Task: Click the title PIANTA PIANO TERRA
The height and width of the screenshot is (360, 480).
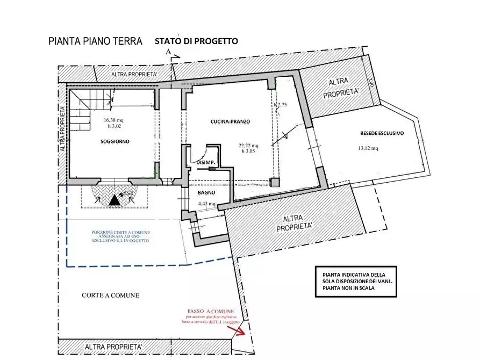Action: [95, 41]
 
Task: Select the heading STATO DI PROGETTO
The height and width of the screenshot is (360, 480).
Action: [196, 41]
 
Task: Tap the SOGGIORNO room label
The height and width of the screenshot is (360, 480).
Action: [115, 141]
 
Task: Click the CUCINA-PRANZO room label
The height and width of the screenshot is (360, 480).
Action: [230, 122]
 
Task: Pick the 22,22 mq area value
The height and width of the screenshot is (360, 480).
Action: [248, 145]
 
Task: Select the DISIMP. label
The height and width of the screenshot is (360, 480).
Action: [205, 162]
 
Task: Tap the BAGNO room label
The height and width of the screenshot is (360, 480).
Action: [206, 192]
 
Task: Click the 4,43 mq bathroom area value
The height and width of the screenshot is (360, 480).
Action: [206, 204]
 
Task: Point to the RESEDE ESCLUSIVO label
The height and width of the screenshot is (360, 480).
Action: [382, 133]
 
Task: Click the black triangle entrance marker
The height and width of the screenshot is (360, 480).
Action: [113, 200]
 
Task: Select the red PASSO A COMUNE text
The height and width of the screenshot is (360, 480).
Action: [210, 311]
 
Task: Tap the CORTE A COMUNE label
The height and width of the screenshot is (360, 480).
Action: [110, 295]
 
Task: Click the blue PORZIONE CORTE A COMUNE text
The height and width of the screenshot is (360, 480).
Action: [121, 236]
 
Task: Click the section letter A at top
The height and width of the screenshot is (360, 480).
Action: [168, 52]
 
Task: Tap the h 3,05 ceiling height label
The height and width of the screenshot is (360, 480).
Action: [249, 151]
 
